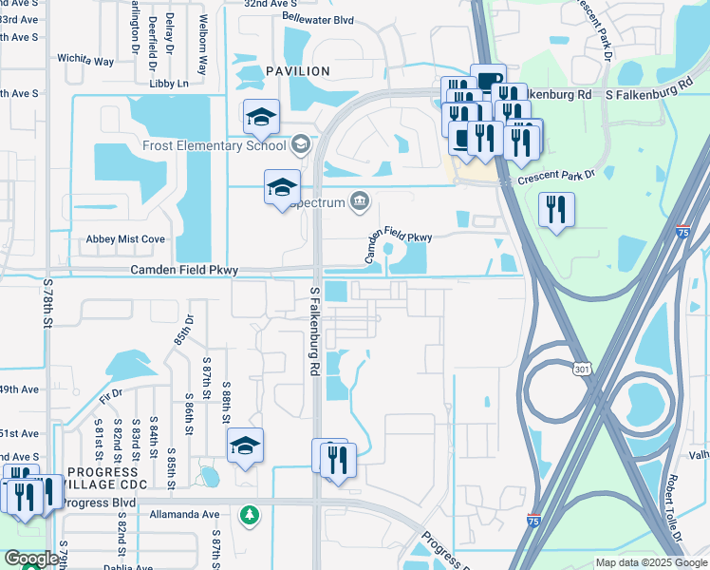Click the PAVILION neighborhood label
(298, 71)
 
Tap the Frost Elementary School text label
(214, 145)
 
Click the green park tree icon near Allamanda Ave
(250, 514)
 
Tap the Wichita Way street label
(86, 60)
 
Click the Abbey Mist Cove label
(125, 239)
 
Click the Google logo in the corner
(30, 559)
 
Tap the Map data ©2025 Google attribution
(650, 562)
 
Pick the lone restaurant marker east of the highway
(556, 210)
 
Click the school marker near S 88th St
(246, 446)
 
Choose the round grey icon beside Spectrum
(360, 199)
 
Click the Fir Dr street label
(110, 391)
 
